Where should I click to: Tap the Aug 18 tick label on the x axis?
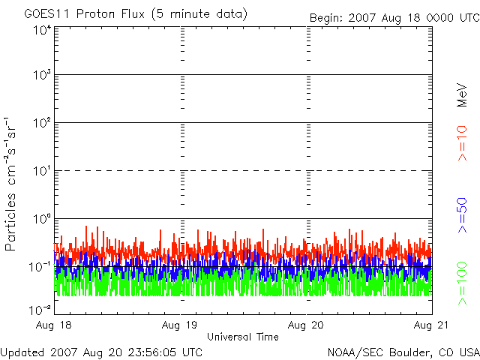(x=53, y=325)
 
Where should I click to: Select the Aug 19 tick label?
(x=179, y=325)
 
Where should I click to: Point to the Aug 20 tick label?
(x=305, y=325)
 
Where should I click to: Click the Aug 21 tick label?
(x=431, y=325)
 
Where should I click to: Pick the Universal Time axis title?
(x=243, y=337)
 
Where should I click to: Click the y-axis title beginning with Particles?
(x=10, y=184)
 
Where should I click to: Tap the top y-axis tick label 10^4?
(x=42, y=30)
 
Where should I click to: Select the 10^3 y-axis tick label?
(x=42, y=74)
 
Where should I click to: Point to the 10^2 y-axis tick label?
(x=42, y=123)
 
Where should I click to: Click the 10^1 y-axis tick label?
(x=42, y=171)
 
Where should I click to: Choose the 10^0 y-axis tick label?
(x=42, y=219)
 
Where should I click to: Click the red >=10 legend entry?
(x=462, y=143)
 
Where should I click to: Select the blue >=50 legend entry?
(x=462, y=215)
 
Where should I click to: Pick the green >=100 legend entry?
(x=462, y=283)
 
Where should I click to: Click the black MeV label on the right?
(x=462, y=95)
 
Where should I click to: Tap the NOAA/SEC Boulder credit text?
(x=403, y=352)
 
